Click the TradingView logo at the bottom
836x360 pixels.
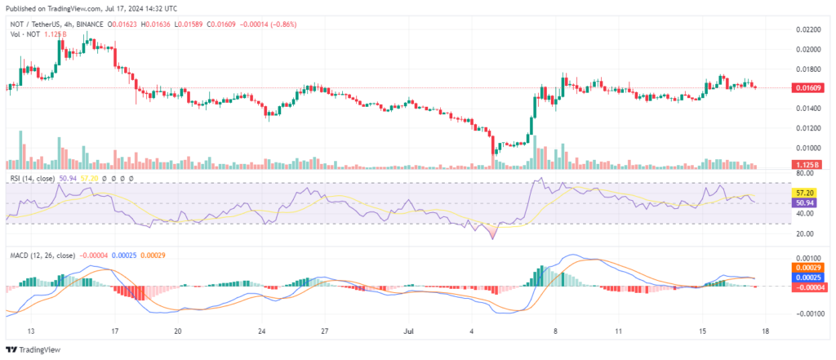(x=33, y=350)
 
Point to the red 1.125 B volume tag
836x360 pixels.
(x=806, y=166)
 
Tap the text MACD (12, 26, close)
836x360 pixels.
(x=43, y=256)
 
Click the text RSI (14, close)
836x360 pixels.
(x=33, y=179)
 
